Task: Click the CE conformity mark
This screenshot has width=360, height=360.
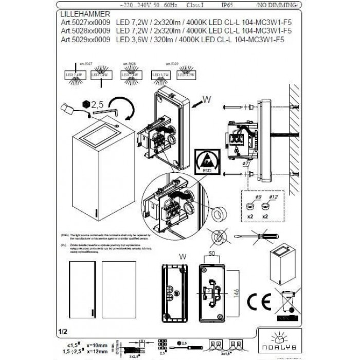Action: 258,301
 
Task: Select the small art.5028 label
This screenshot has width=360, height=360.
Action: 129,65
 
